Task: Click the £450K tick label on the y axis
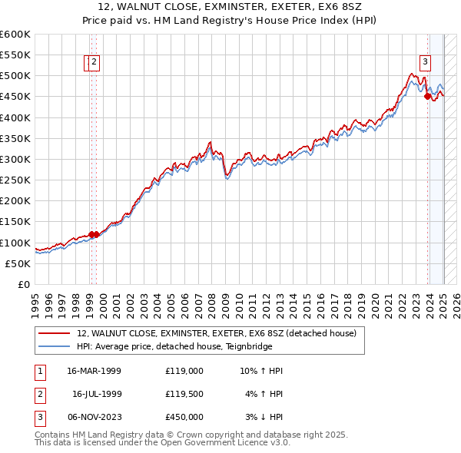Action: click(x=15, y=97)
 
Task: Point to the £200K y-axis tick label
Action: click(x=15, y=201)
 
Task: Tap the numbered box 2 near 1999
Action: click(x=94, y=63)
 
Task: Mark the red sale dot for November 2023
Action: click(x=427, y=96)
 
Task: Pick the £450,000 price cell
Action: click(x=184, y=417)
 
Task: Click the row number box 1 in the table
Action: click(x=39, y=371)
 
